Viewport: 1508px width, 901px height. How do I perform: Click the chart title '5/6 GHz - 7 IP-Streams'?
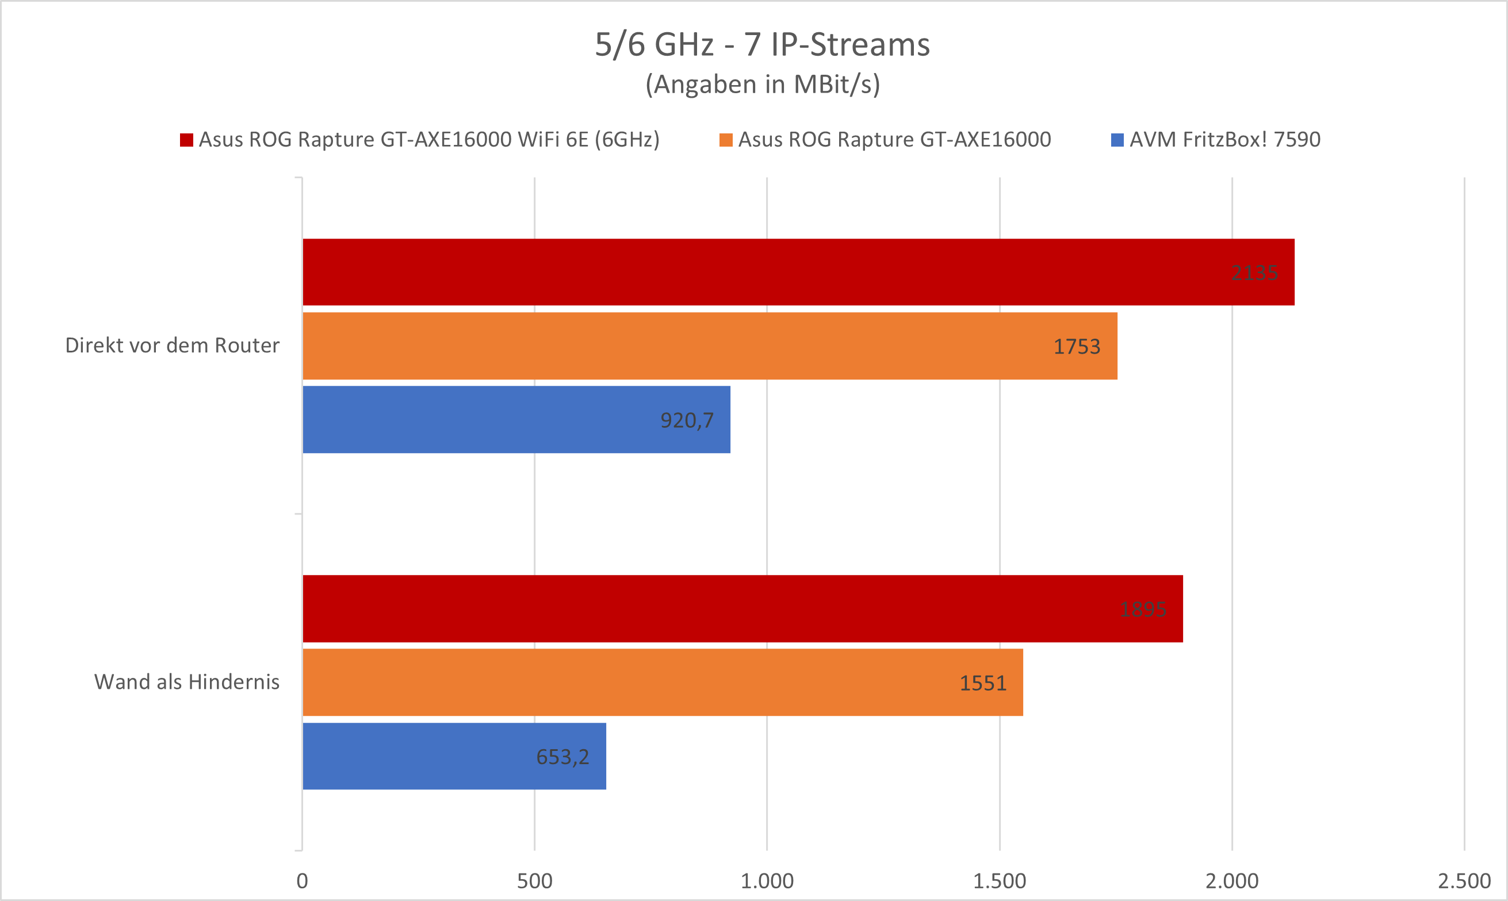[762, 45]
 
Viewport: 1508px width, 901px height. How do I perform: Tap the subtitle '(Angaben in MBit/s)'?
[762, 85]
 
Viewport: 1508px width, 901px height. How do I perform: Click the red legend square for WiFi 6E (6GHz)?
[186, 140]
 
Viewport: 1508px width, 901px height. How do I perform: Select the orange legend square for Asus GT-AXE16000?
[726, 140]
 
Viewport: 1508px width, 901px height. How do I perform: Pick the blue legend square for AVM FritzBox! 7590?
[1117, 140]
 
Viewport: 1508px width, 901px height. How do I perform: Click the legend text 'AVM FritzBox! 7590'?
[1224, 140]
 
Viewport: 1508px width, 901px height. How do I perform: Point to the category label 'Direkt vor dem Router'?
[172, 346]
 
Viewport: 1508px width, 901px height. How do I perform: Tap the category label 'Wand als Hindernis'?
[186, 682]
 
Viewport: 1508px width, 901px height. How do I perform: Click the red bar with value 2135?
[798, 272]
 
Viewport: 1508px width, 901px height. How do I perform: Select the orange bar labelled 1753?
[709, 346]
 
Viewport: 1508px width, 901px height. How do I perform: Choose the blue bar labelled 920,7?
[516, 420]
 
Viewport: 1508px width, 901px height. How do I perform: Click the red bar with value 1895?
[742, 608]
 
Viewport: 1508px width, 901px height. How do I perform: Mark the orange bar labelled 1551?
[663, 683]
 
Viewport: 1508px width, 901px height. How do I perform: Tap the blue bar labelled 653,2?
[454, 756]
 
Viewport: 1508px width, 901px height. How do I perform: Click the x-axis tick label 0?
[302, 881]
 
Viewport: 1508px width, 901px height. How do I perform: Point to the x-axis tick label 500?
[534, 881]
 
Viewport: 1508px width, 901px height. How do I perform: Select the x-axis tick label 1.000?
[767, 881]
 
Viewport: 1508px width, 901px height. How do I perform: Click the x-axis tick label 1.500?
[1000, 881]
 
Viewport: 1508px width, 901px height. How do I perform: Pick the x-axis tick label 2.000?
[1232, 881]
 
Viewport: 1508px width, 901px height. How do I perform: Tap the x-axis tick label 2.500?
[1464, 881]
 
